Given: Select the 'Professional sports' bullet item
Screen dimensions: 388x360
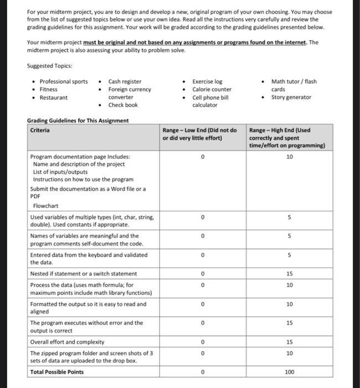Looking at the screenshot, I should coord(63,81).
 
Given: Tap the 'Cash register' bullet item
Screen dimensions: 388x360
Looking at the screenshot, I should coord(125,81).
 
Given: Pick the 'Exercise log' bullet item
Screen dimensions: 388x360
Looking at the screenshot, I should coord(207,81).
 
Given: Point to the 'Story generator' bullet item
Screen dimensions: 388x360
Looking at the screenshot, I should coord(291,97).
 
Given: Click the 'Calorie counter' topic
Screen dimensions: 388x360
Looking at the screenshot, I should coord(212,89).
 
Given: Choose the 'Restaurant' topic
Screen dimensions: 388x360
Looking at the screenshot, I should coord(54,97).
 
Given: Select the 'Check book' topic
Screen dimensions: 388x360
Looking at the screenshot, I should coord(123,105).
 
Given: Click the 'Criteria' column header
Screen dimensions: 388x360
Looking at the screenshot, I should coord(39,130).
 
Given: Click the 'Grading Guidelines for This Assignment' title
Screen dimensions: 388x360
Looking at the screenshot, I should coord(78,120).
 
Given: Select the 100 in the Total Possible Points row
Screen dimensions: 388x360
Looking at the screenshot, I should coord(289,372).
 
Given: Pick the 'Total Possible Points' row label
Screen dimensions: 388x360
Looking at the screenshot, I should coord(56,372).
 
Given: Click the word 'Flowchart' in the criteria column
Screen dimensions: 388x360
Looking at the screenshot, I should coord(46,205).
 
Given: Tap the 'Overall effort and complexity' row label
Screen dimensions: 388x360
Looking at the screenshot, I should coord(67,342).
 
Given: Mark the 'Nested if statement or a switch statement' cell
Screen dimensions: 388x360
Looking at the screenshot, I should coord(83,274).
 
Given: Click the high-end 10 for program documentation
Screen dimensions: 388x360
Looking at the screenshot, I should coord(289,157).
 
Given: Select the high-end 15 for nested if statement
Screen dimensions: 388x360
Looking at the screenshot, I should coord(289,274).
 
